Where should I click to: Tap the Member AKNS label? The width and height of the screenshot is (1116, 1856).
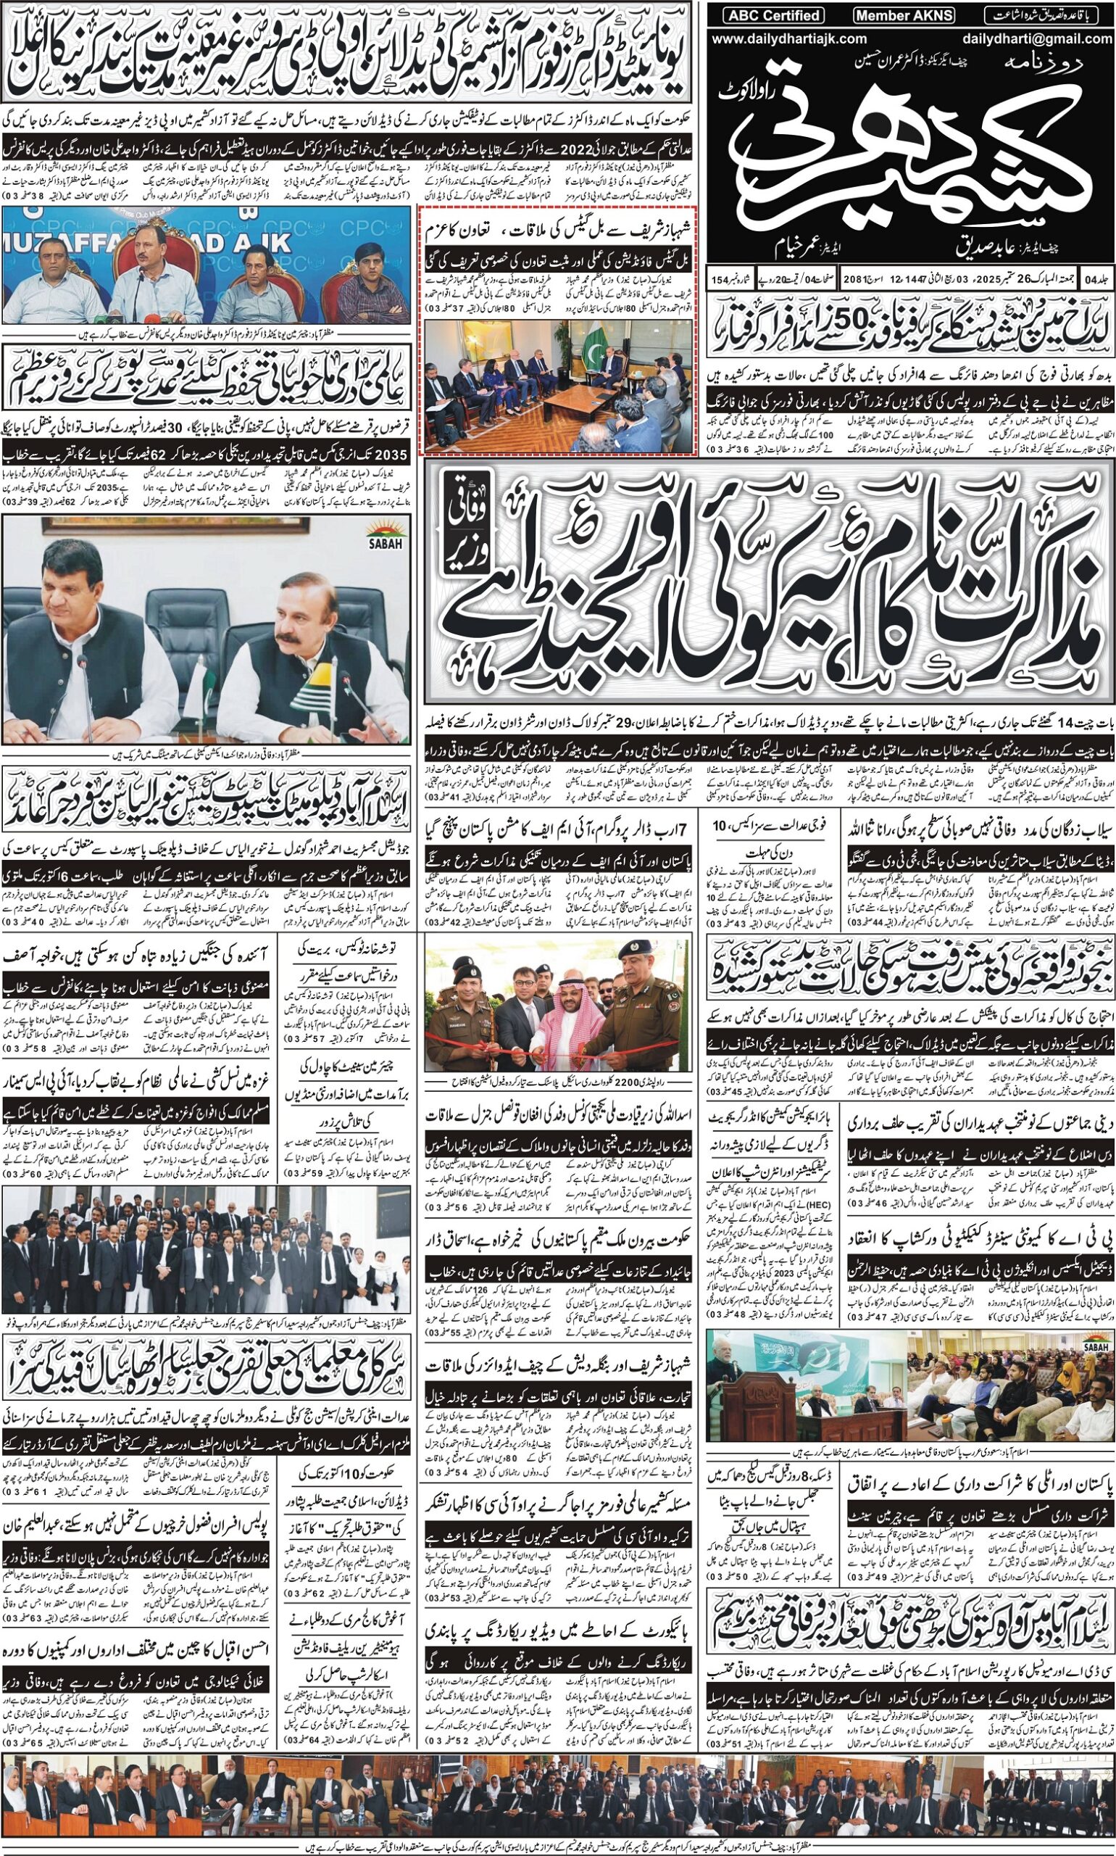903,14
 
